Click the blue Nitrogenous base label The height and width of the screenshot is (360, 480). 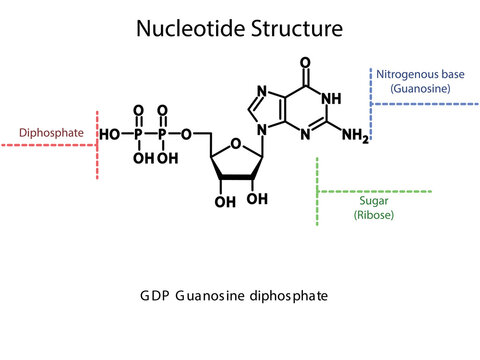[420, 73]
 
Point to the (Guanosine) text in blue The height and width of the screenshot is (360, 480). [420, 88]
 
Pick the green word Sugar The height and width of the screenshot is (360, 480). [374, 199]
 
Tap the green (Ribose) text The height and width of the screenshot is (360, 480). [374, 214]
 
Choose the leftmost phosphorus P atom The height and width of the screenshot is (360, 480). [138, 134]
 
